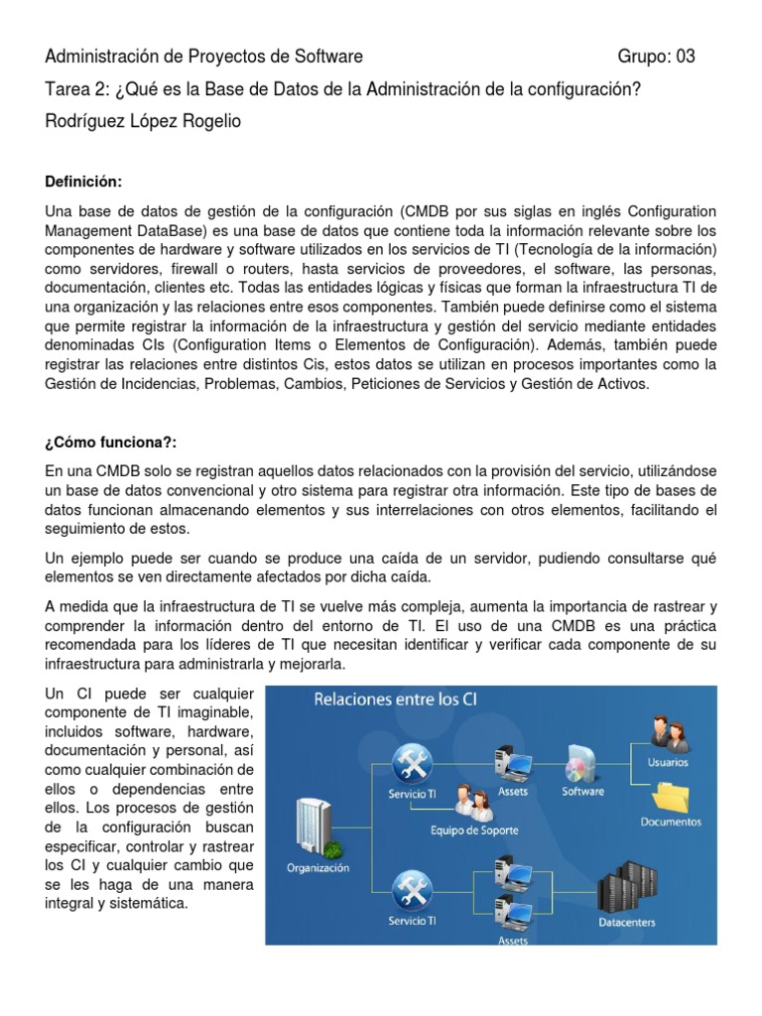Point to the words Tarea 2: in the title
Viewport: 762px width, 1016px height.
[x=77, y=88]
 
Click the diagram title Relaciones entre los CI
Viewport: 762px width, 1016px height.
[x=395, y=698]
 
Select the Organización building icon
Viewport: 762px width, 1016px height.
[x=317, y=829]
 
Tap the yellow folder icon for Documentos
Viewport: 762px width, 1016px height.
[x=671, y=800]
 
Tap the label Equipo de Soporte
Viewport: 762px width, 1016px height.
[x=473, y=829]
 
